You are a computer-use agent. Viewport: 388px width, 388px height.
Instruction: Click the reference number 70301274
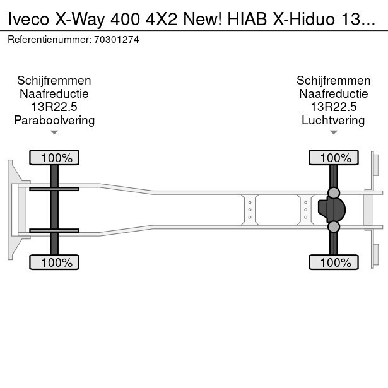click(x=116, y=40)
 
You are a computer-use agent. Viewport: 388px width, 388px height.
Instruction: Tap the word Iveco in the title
click(x=28, y=19)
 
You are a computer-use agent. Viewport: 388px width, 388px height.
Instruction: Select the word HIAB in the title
click(x=247, y=19)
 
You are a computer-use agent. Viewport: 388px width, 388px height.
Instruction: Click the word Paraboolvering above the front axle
click(x=54, y=121)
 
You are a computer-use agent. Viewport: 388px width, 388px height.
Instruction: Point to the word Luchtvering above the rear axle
click(x=333, y=121)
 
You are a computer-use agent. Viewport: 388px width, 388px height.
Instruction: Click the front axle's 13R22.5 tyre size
click(x=54, y=107)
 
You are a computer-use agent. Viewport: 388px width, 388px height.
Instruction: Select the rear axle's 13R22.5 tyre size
click(x=334, y=107)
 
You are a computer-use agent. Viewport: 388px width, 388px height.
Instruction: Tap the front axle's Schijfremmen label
click(x=54, y=81)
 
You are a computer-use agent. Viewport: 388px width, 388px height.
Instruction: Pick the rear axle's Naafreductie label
click(x=334, y=94)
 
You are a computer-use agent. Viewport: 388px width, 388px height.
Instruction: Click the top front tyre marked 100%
click(x=54, y=158)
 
